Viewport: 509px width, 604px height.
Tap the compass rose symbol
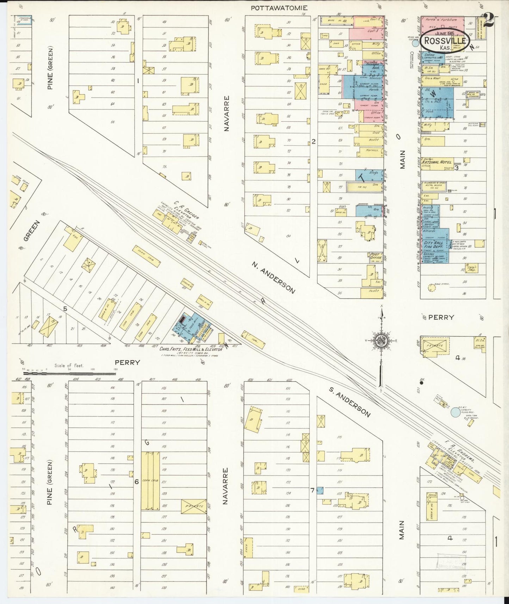381,340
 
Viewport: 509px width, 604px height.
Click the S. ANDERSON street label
349,402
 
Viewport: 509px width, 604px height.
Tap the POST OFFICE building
375,256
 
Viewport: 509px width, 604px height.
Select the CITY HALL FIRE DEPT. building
434,245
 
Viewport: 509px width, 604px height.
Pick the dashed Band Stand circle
432,288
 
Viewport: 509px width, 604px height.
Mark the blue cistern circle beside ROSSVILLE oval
416,43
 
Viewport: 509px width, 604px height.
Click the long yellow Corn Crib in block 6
150,481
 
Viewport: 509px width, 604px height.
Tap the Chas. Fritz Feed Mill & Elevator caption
191,349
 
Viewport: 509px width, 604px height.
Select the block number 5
65,309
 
